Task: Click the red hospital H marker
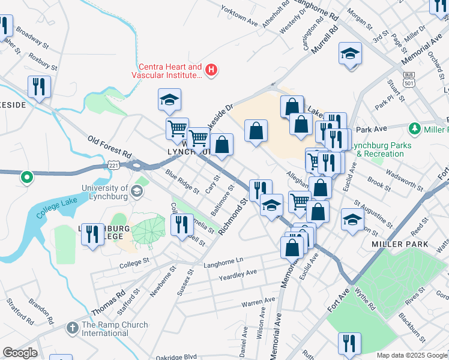211,70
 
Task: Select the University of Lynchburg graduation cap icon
137,191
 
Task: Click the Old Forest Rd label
109,146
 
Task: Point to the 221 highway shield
114,164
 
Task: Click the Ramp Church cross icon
72,328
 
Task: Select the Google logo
20,353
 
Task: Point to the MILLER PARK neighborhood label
399,244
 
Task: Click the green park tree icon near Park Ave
414,128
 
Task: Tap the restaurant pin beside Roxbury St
39,88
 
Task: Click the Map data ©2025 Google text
411,355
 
